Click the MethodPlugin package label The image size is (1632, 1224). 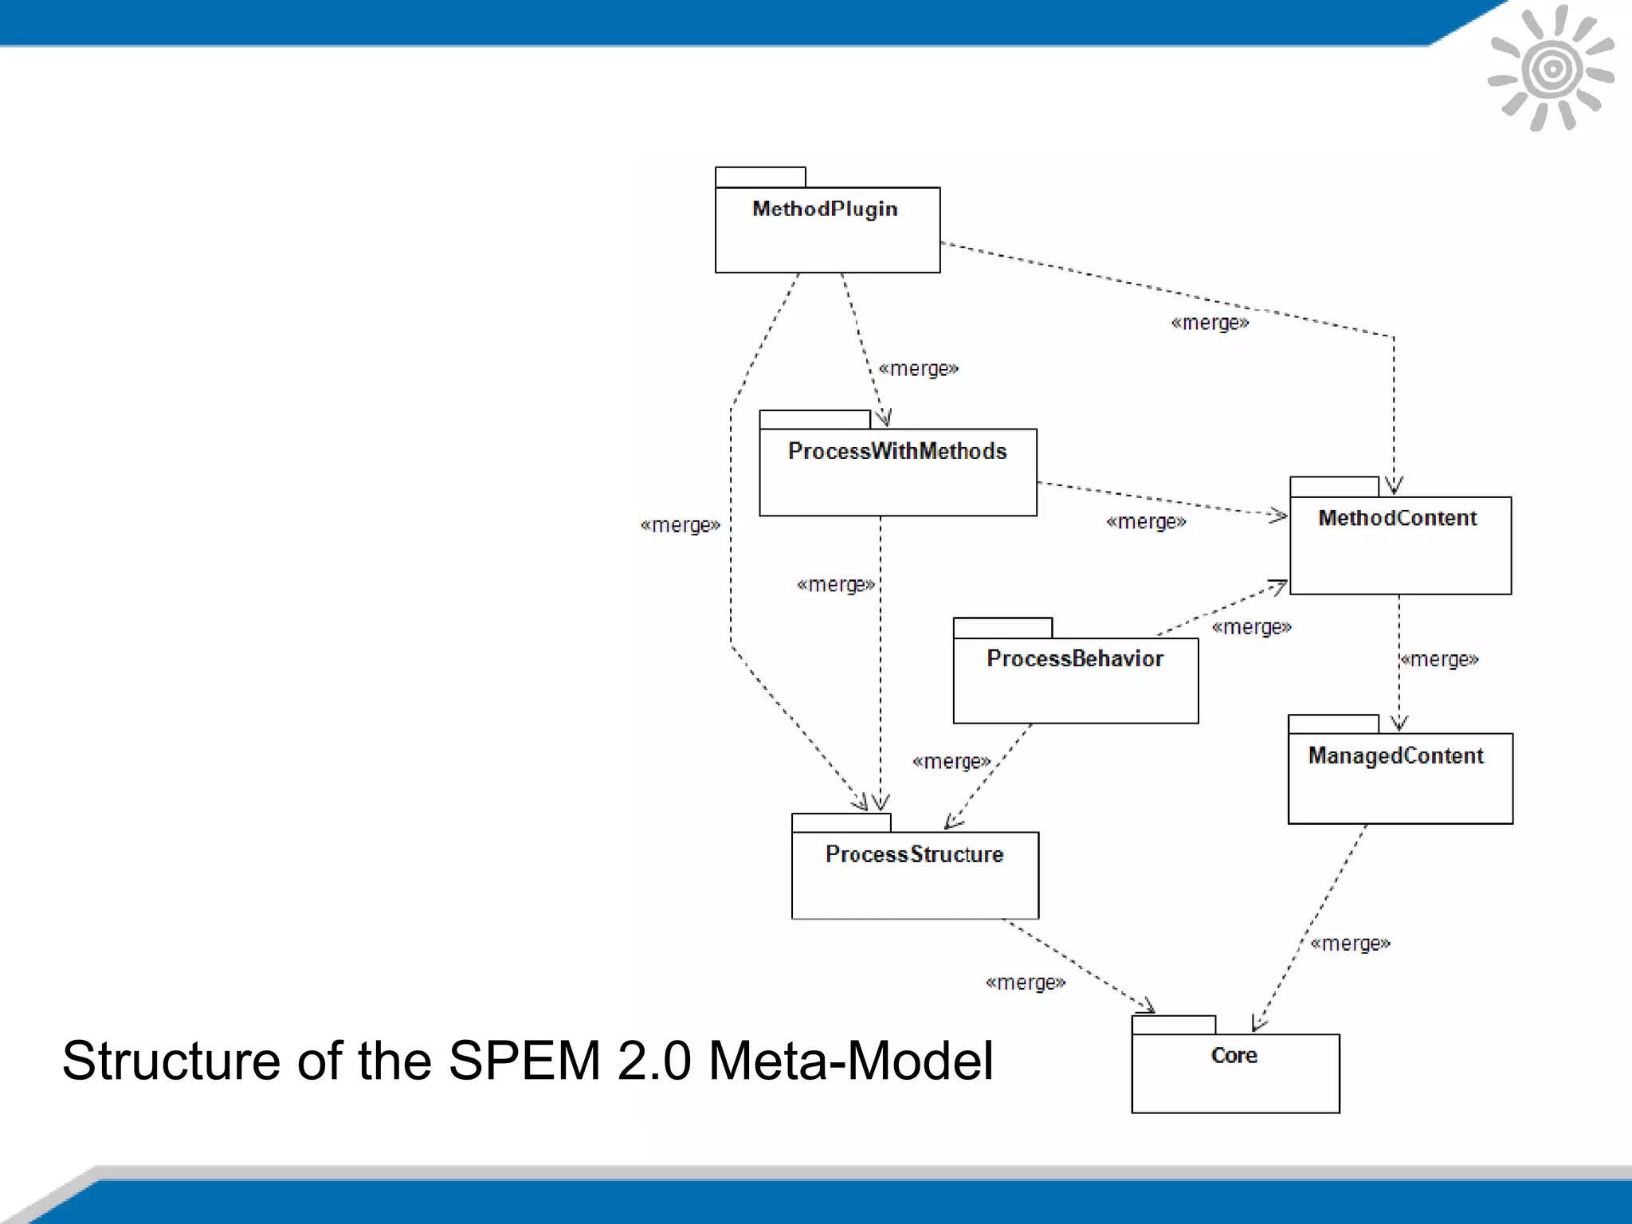click(825, 209)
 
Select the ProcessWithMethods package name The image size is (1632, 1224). click(897, 451)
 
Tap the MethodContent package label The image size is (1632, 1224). click(1397, 518)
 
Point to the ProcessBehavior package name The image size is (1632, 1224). click(1074, 658)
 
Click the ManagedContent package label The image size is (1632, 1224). click(1395, 755)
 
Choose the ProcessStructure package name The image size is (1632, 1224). click(914, 854)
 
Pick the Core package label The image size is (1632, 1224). click(1234, 1055)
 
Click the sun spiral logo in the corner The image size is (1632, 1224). click(1551, 69)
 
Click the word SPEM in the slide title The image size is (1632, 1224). click(524, 1061)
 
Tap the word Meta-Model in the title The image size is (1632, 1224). click(850, 1061)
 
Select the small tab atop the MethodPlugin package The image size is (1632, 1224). click(760, 177)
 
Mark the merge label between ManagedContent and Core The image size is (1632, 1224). click(1350, 943)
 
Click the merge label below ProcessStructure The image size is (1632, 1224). click(1025, 983)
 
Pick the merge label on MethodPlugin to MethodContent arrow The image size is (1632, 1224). click(1210, 323)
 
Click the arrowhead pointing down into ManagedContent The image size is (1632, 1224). click(1399, 724)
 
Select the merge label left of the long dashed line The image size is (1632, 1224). click(680, 525)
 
